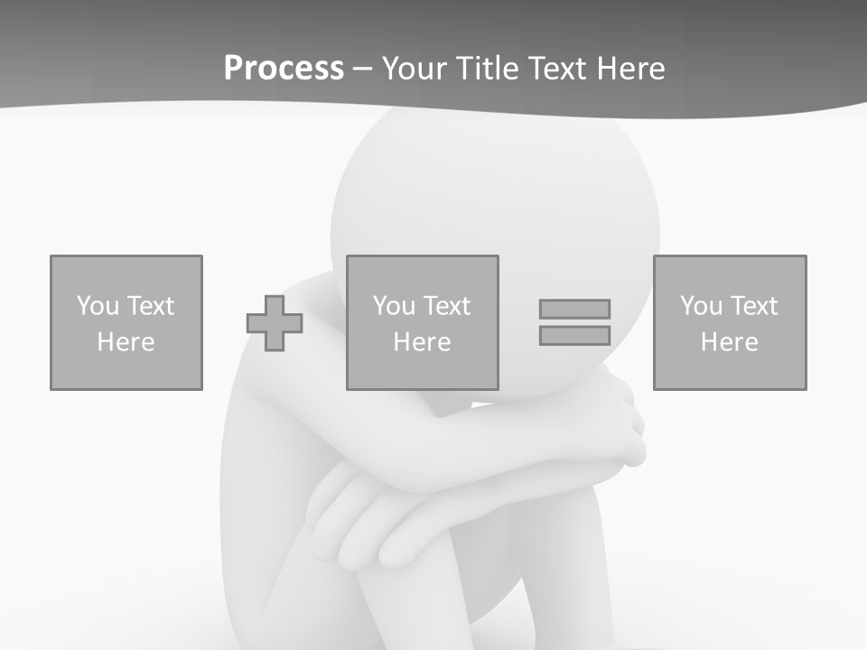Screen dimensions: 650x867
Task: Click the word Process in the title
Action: (x=284, y=69)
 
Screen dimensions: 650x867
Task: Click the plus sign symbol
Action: (x=275, y=322)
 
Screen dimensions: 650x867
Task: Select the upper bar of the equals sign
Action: (x=574, y=309)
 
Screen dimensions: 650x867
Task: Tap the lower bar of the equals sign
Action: (x=574, y=335)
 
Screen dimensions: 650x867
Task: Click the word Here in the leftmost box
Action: (x=126, y=342)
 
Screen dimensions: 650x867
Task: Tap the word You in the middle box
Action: (x=394, y=306)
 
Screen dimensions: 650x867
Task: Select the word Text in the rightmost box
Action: (x=753, y=306)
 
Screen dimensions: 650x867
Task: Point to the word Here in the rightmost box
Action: (x=730, y=342)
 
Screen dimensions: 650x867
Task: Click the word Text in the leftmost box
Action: (x=150, y=306)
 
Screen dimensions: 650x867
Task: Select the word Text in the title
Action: (x=555, y=69)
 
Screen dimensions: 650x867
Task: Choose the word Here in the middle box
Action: (x=423, y=342)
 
